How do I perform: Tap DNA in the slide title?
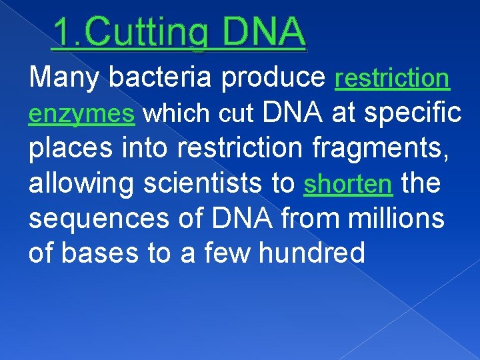pos(265,31)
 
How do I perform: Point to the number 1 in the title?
pos(61,31)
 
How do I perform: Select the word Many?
pos(63,78)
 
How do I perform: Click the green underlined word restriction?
pos(393,78)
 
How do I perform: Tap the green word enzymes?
pos(82,114)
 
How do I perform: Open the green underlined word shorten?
pos(347,184)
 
